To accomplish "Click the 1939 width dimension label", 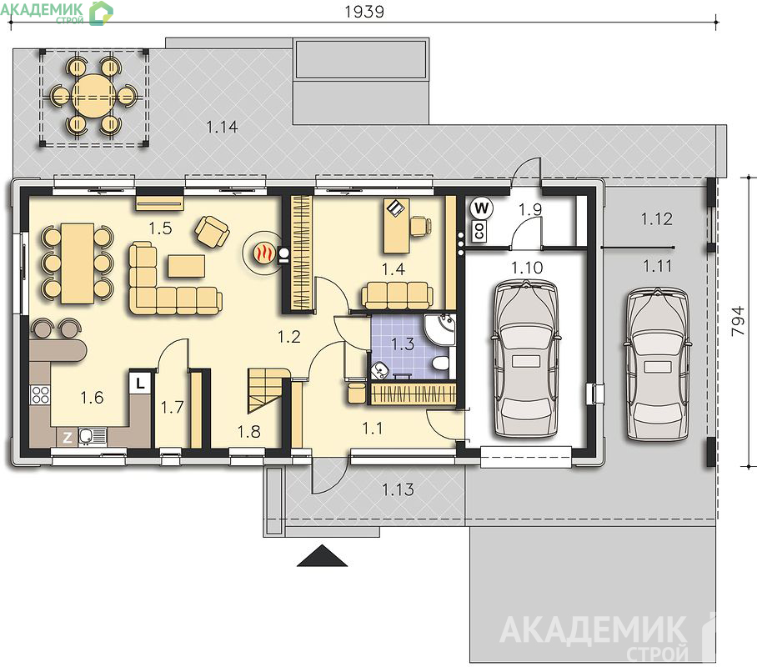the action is coord(364,12).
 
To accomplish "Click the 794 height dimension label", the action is coord(738,321).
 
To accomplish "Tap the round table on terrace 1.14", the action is coord(92,96).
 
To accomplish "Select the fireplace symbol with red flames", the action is coord(263,252).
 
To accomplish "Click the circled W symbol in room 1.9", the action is coord(481,209).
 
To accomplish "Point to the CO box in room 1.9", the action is coord(479,231).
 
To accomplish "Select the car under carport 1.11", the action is coord(658,364).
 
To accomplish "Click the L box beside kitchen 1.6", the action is coord(140,384).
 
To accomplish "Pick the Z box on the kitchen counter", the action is coord(67,438).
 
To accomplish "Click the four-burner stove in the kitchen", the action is coord(40,394).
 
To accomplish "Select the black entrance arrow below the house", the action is coord(322,555).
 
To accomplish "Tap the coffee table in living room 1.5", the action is coord(187,267).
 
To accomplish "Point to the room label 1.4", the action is coord(394,269).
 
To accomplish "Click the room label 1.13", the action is coord(398,489).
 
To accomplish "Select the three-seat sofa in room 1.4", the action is coord(397,296).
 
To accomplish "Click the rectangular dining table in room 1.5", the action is coord(78,263).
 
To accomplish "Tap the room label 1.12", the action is coord(657,218).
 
